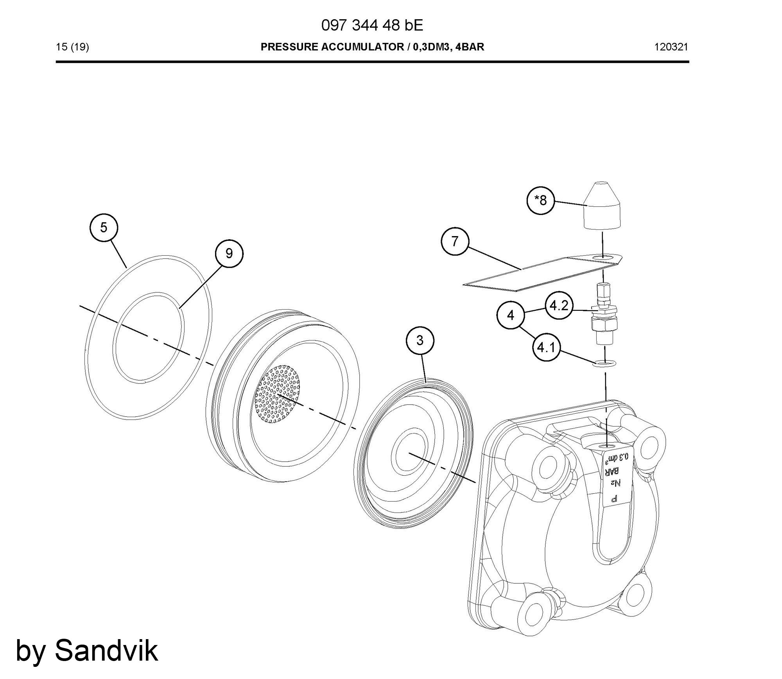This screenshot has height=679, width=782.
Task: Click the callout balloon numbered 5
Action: [103, 227]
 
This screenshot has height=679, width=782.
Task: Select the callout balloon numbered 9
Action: [229, 253]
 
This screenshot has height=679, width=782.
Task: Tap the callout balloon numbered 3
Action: [420, 340]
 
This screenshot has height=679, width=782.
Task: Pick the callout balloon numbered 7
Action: [455, 242]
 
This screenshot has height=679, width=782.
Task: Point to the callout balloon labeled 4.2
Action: [559, 306]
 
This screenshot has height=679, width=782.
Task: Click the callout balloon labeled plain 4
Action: [511, 315]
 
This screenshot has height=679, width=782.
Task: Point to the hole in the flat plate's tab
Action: [603, 258]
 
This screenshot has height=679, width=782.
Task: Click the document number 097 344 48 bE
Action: [372, 26]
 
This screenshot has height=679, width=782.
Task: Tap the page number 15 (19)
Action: [72, 47]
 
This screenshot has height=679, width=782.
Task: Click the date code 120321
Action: [671, 47]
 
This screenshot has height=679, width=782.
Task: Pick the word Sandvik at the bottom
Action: [106, 651]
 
